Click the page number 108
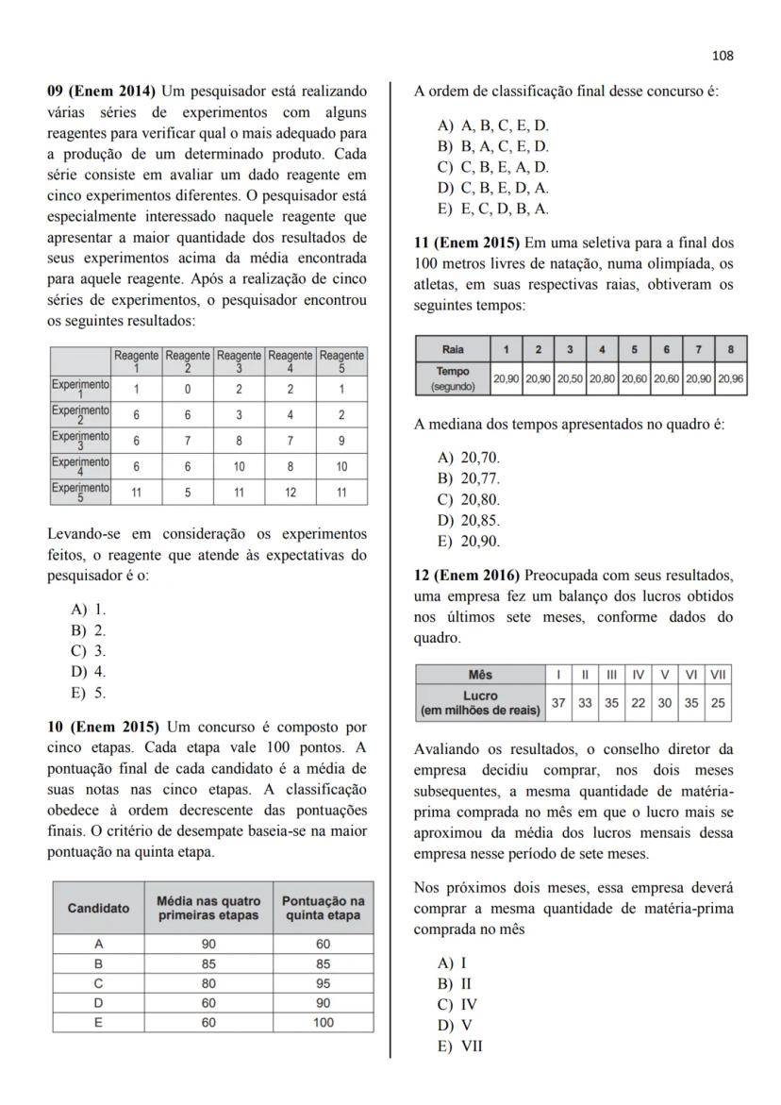tap(723, 56)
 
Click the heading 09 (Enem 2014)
tap(102, 92)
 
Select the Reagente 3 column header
tap(239, 361)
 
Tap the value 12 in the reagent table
tap(290, 492)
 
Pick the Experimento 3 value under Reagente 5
tap(341, 440)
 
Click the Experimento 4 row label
tap(80, 466)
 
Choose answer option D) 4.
tap(89, 672)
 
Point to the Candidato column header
tap(98, 908)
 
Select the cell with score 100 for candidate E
tap(323, 1021)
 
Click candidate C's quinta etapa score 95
tap(323, 981)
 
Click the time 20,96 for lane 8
tap(730, 378)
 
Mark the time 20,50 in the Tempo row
tap(569, 378)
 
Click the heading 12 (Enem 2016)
tap(468, 575)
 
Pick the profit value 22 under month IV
tap(639, 703)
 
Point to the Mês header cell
tap(480, 675)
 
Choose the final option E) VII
tap(460, 1046)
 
